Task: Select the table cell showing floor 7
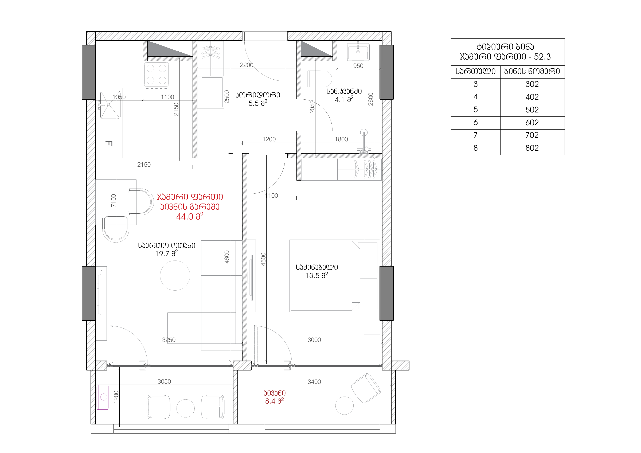point(475,135)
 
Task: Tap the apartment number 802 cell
point(532,148)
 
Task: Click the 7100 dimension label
point(113,200)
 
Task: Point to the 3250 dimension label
point(169,340)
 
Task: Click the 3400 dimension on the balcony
point(314,381)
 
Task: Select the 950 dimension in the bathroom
point(358,66)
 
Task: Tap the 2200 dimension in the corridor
point(247,65)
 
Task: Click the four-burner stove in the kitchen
point(156,75)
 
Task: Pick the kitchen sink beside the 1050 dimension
point(111,105)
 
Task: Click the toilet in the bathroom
point(320,79)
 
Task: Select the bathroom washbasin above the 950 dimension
point(358,51)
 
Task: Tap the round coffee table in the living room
point(175,275)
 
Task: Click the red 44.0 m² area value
point(190,216)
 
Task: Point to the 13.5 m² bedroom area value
point(316,275)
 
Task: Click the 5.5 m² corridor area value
point(258,103)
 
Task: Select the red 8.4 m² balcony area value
point(275,401)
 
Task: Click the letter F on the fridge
point(109,143)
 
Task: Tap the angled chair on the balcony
point(365,388)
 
